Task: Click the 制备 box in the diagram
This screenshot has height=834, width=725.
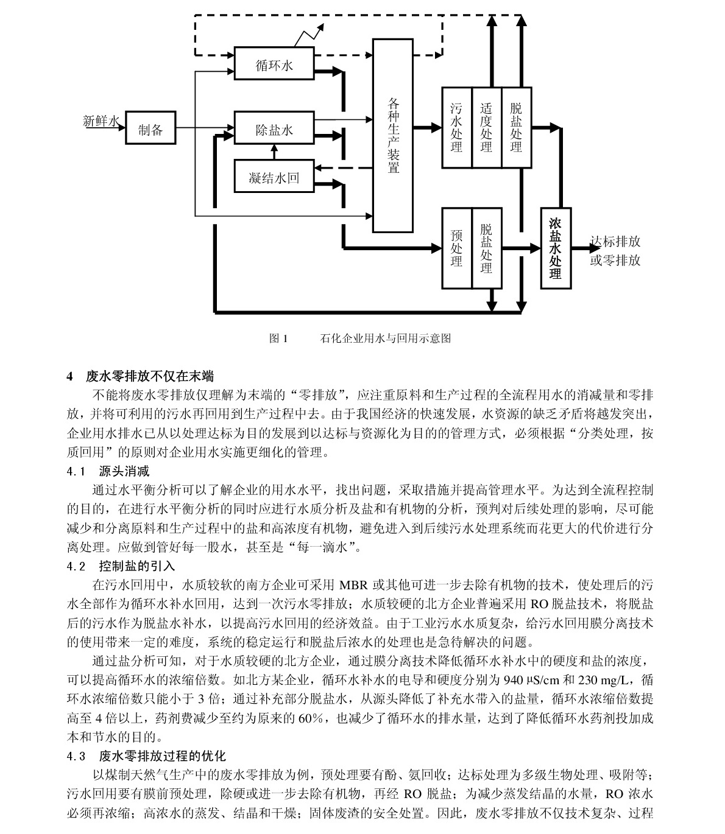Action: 150,128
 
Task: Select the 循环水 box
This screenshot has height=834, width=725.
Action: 274,63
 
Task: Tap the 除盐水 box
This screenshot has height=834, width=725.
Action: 274,128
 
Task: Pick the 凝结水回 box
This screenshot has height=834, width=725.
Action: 274,176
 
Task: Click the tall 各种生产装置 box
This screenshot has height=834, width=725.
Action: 393,136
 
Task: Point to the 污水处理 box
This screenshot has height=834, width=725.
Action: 457,128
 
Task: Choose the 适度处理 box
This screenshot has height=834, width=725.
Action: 487,128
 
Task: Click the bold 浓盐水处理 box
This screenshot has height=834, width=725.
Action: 556,248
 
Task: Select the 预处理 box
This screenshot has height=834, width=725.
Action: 457,248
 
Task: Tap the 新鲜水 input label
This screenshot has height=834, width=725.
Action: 101,121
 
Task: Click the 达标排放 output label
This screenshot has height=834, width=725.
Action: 615,241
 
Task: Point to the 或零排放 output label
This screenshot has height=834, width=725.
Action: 615,260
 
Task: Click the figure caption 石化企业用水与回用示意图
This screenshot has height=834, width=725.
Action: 386,338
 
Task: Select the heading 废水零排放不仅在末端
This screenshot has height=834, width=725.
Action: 150,376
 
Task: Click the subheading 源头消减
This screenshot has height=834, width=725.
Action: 124,471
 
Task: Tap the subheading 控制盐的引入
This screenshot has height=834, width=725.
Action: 136,566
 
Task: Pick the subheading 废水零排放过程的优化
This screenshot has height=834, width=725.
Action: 163,756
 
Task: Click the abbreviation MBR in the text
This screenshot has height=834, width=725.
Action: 354,586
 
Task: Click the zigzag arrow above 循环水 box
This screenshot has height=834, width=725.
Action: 309,35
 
